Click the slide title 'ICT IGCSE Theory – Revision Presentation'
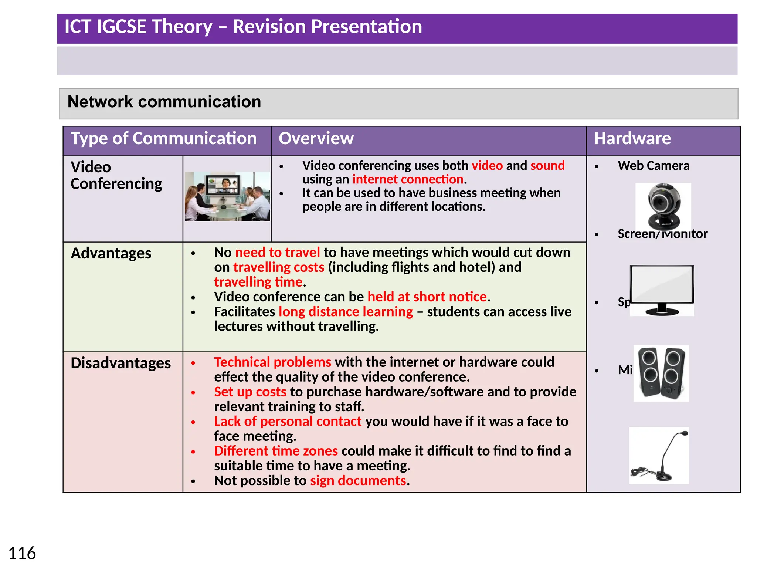click(x=243, y=27)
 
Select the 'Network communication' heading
click(x=164, y=102)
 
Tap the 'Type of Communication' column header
click(x=163, y=139)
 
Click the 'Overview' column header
click(x=316, y=139)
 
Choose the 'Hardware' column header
click(x=632, y=139)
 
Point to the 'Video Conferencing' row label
click(x=116, y=175)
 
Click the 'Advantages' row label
click(x=111, y=253)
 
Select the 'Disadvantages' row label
click(x=120, y=363)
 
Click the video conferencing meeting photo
click(x=227, y=196)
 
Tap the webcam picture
click(x=663, y=206)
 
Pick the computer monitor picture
click(x=662, y=290)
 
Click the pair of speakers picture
click(x=661, y=373)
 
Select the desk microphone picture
click(x=659, y=456)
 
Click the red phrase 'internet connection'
click(x=408, y=179)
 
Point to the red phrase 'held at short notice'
click(x=427, y=297)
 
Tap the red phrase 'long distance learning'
click(x=346, y=312)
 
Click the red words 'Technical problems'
click(x=272, y=362)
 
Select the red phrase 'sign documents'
click(x=358, y=480)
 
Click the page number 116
click(x=22, y=554)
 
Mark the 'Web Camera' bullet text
click(x=653, y=166)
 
